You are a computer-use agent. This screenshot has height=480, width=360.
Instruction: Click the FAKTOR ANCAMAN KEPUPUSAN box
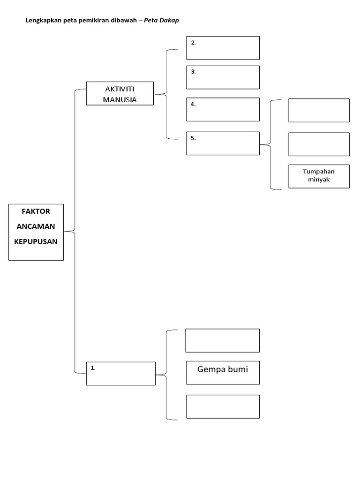pos(36,232)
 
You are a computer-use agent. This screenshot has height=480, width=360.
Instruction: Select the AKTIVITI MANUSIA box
pos(120,94)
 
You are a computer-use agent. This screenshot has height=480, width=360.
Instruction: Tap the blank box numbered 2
pos(223,48)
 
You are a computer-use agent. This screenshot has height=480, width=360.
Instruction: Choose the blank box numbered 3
pos(223,77)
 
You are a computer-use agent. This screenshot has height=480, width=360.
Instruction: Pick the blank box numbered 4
pos(223,109)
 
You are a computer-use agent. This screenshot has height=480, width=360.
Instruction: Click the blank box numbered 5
pos(223,143)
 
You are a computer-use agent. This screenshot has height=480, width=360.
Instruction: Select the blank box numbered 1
pos(120,374)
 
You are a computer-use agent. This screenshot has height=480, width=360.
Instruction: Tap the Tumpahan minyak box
pos(319,176)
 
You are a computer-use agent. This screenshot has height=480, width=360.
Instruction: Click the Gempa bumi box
pos(223,373)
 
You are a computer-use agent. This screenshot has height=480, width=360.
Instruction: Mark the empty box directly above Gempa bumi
pos(223,340)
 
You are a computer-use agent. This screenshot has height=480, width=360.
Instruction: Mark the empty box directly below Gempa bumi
pos(223,406)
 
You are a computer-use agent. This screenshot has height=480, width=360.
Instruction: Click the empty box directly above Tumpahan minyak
pos(319,144)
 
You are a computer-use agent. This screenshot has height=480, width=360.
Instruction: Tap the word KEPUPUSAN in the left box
pos(37,242)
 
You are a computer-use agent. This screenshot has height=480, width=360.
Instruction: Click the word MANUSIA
pos(120,99)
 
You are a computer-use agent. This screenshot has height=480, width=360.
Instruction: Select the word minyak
pos(319,180)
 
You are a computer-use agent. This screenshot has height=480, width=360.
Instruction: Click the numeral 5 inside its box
pos(192,138)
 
